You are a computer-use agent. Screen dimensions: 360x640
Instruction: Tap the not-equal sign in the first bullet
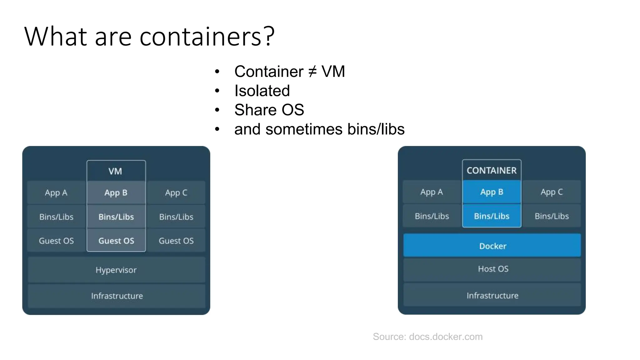coord(312,72)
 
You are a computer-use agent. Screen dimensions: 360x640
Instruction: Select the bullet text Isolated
coord(262,91)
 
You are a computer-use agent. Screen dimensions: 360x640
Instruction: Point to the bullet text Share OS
coord(269,110)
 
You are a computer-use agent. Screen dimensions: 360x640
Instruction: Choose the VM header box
coord(116,171)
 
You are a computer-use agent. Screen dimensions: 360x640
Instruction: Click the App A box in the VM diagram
coord(56,192)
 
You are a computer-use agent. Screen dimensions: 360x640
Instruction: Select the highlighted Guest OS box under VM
coord(116,241)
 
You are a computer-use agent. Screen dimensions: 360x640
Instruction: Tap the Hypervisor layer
coord(116,270)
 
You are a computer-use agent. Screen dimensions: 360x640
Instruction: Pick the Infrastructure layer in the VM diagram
coord(117,296)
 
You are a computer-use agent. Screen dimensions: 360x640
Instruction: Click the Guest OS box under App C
coord(176,241)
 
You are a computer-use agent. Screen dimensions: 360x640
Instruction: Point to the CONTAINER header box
coord(492,170)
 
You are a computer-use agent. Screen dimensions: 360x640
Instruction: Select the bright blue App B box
coord(492,192)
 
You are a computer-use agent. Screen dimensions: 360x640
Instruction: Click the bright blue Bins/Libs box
coord(492,216)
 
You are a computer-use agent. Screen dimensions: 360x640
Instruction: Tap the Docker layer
coord(492,246)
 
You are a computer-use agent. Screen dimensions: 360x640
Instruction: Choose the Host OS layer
coord(493,269)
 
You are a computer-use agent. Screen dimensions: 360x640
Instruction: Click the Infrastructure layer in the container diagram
coord(492,296)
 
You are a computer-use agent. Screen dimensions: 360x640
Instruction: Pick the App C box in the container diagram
coord(552,192)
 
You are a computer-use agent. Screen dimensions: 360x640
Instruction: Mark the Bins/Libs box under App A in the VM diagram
coord(56,217)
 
